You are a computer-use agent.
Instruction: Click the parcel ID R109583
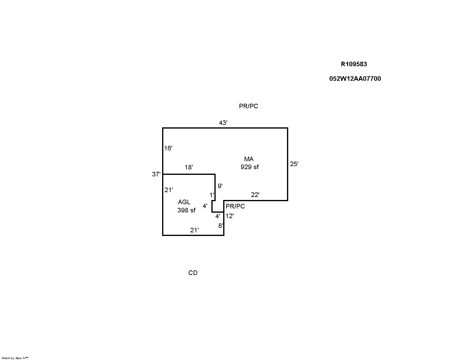pyautogui.click(x=354, y=64)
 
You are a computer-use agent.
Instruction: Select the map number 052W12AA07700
pyautogui.click(x=355, y=79)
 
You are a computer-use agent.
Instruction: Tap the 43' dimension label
pyautogui.click(x=223, y=123)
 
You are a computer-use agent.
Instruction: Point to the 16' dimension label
pyautogui.click(x=168, y=148)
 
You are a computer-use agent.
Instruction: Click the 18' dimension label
pyautogui.click(x=189, y=167)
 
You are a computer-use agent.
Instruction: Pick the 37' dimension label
pyautogui.click(x=156, y=174)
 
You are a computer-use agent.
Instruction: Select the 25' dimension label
pyautogui.click(x=294, y=164)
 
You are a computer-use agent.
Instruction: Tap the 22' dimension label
pyautogui.click(x=255, y=195)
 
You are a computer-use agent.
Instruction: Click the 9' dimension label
pyautogui.click(x=220, y=186)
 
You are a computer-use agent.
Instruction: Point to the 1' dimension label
pyautogui.click(x=212, y=195)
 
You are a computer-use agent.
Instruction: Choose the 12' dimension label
pyautogui.click(x=230, y=216)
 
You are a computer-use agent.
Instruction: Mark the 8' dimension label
pyautogui.click(x=221, y=226)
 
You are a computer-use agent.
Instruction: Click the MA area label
pyautogui.click(x=249, y=159)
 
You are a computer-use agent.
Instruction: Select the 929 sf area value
pyautogui.click(x=250, y=167)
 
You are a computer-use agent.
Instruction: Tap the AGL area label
pyautogui.click(x=184, y=202)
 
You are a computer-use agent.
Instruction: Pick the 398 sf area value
pyautogui.click(x=187, y=210)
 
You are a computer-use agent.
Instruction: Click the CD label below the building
pyautogui.click(x=193, y=273)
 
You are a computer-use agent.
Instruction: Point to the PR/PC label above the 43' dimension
pyautogui.click(x=249, y=106)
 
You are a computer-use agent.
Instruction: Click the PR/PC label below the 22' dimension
pyautogui.click(x=235, y=206)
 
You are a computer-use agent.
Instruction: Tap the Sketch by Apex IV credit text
pyautogui.click(x=15, y=358)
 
